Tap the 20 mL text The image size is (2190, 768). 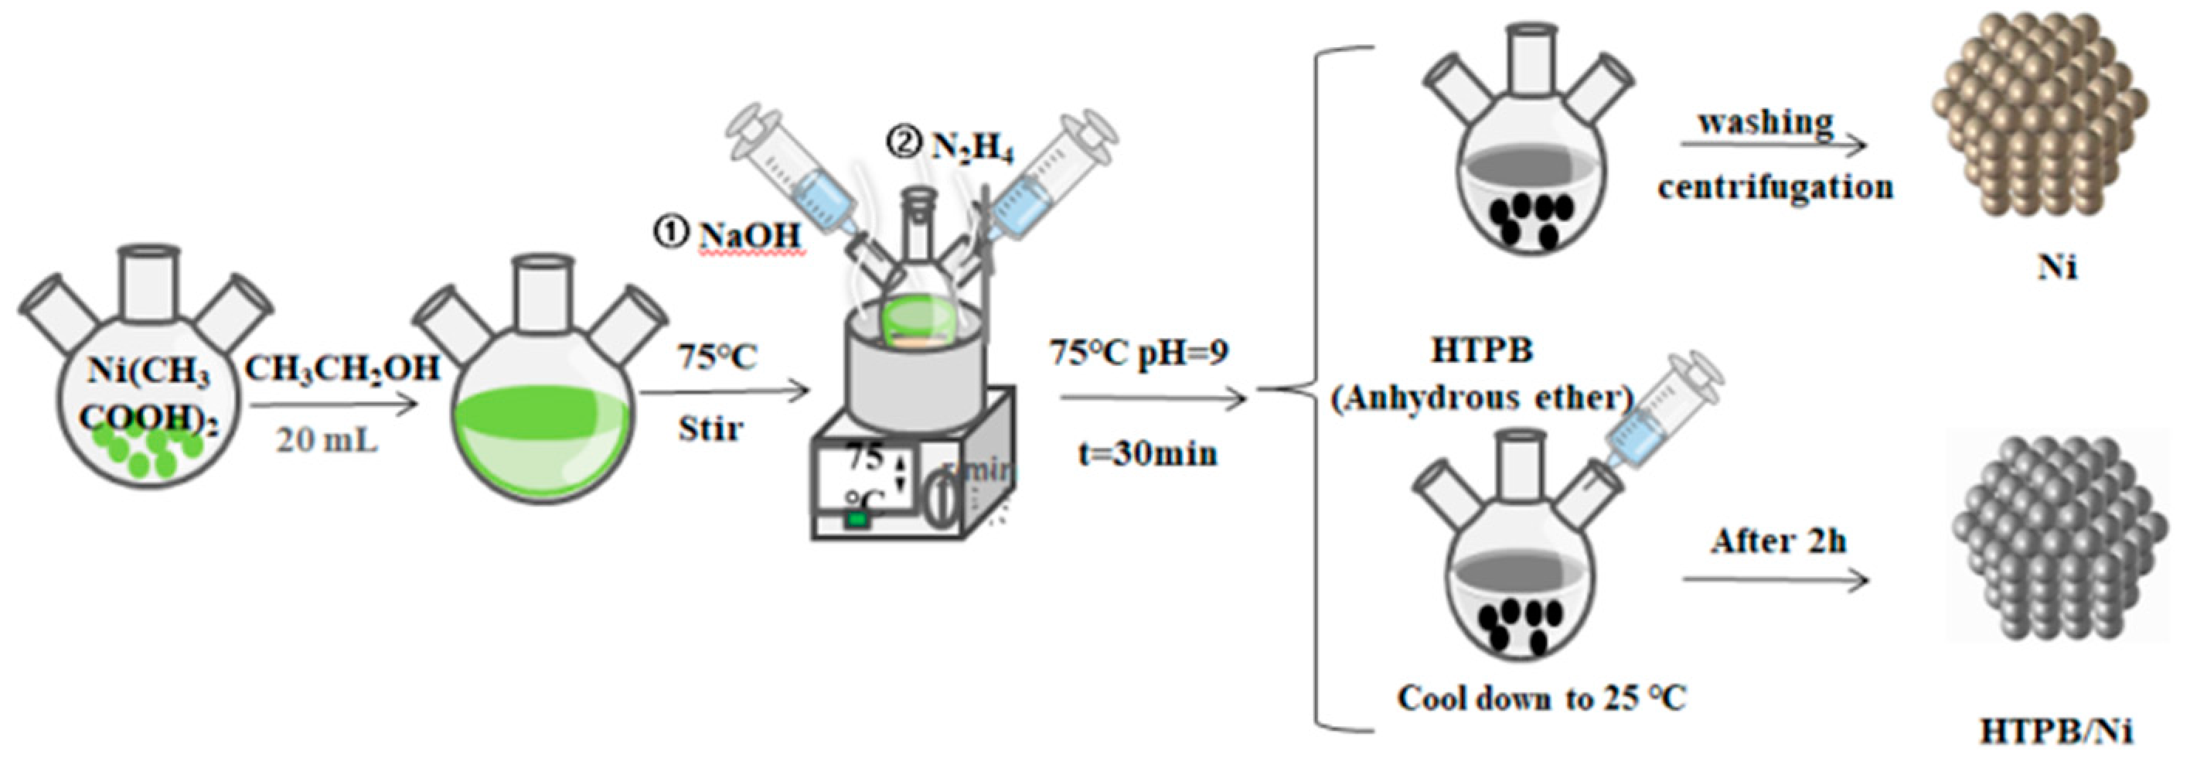[326, 440]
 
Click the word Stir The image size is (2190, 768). [710, 428]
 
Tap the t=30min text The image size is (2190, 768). [1147, 453]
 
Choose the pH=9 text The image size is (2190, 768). [1183, 351]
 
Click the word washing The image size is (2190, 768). [1766, 121]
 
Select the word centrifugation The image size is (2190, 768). [1775, 186]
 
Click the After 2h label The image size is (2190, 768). [1779, 541]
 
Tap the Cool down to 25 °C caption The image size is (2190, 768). [1541, 698]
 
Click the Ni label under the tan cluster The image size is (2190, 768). [2056, 267]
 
